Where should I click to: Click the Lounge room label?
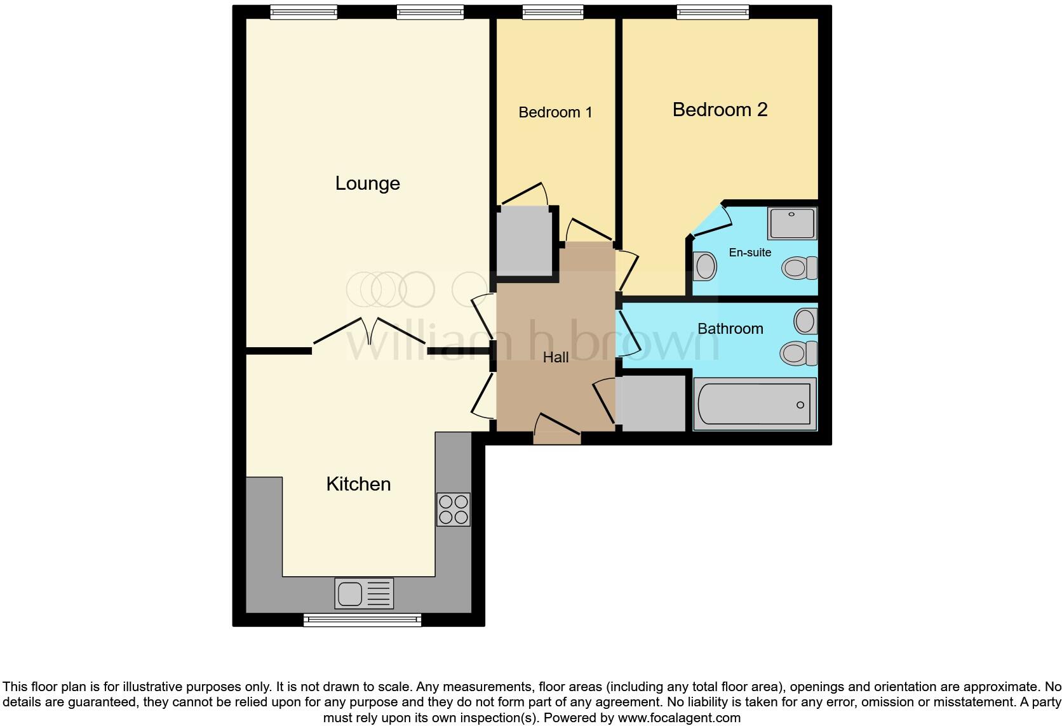coord(367,183)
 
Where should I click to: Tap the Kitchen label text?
coord(358,484)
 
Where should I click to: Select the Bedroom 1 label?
coord(555,112)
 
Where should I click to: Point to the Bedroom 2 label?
coord(720,110)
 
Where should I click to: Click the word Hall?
coord(556,358)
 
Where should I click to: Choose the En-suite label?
coord(749,253)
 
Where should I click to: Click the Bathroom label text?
coord(730,329)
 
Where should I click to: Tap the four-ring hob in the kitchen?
coord(454,510)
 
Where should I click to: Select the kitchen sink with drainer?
coord(364,594)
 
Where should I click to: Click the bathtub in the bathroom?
coord(754,404)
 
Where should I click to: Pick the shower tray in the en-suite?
coord(791,223)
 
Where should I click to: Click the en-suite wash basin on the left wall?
coord(704,267)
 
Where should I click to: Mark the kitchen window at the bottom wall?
coord(362,620)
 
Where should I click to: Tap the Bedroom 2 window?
coord(713,11)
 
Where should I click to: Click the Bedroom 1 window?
coord(553,11)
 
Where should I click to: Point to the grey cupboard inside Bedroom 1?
coord(524,241)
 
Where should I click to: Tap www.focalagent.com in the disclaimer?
coord(679,718)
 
